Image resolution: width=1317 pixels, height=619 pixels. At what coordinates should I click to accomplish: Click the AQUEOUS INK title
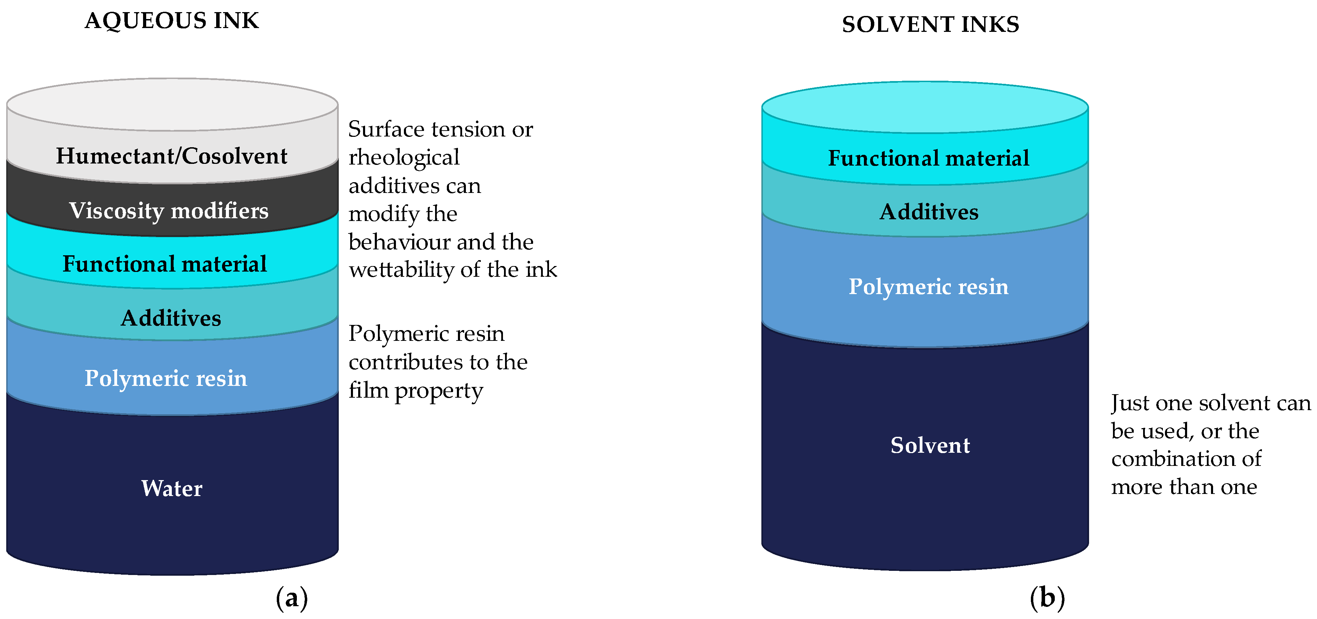[172, 21]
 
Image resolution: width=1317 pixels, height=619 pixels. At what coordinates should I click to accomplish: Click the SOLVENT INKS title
[930, 25]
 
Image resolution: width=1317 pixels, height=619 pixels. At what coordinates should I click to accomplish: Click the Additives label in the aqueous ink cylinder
[171, 318]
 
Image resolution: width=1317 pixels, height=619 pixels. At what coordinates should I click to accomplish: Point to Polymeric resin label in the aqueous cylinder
[166, 379]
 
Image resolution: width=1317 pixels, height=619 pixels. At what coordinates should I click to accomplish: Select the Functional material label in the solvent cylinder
[928, 158]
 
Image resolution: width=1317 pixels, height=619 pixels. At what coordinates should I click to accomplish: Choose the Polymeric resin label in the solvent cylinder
[928, 287]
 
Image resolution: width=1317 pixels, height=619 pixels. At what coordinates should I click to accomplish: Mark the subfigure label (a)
[292, 598]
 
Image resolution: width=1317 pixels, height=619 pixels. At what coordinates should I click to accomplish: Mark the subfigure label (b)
[1047, 598]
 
